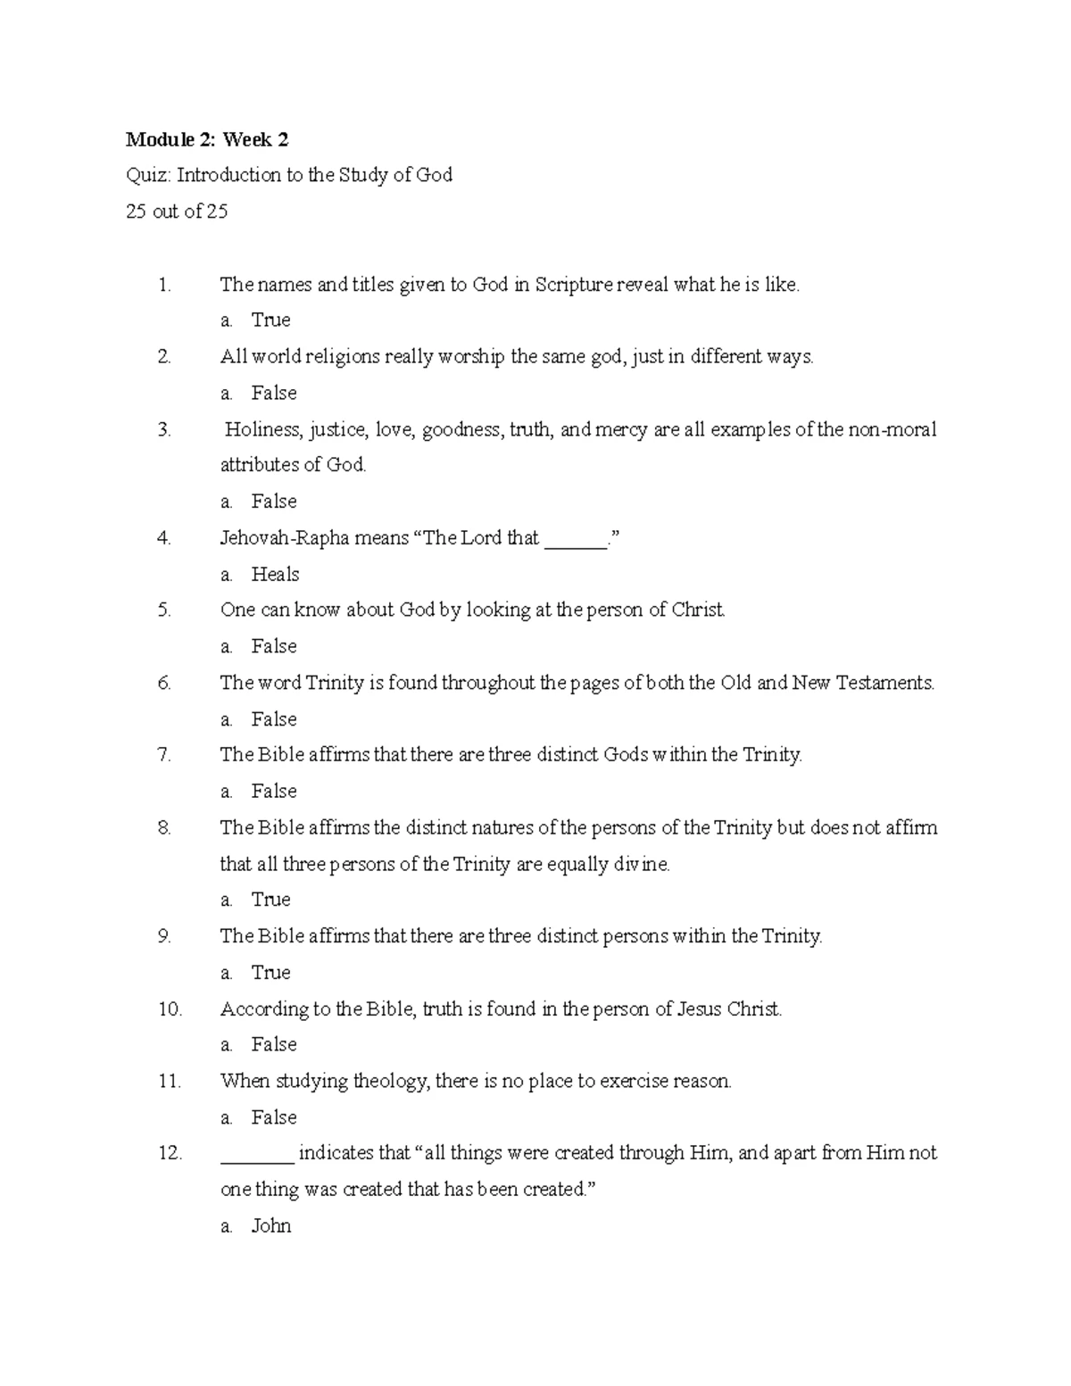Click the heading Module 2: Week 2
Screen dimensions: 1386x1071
(x=207, y=139)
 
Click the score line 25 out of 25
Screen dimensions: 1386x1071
(x=177, y=212)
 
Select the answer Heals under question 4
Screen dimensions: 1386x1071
(x=275, y=574)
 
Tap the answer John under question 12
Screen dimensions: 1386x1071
(x=271, y=1225)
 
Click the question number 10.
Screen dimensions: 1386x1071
(x=170, y=1009)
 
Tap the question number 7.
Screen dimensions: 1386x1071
(x=164, y=755)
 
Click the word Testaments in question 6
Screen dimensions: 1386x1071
(x=886, y=683)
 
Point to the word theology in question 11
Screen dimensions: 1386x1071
(x=392, y=1082)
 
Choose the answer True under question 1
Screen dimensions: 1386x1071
(x=270, y=320)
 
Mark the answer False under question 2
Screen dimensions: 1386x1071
(x=274, y=393)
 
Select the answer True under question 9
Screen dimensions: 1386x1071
(x=270, y=972)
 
